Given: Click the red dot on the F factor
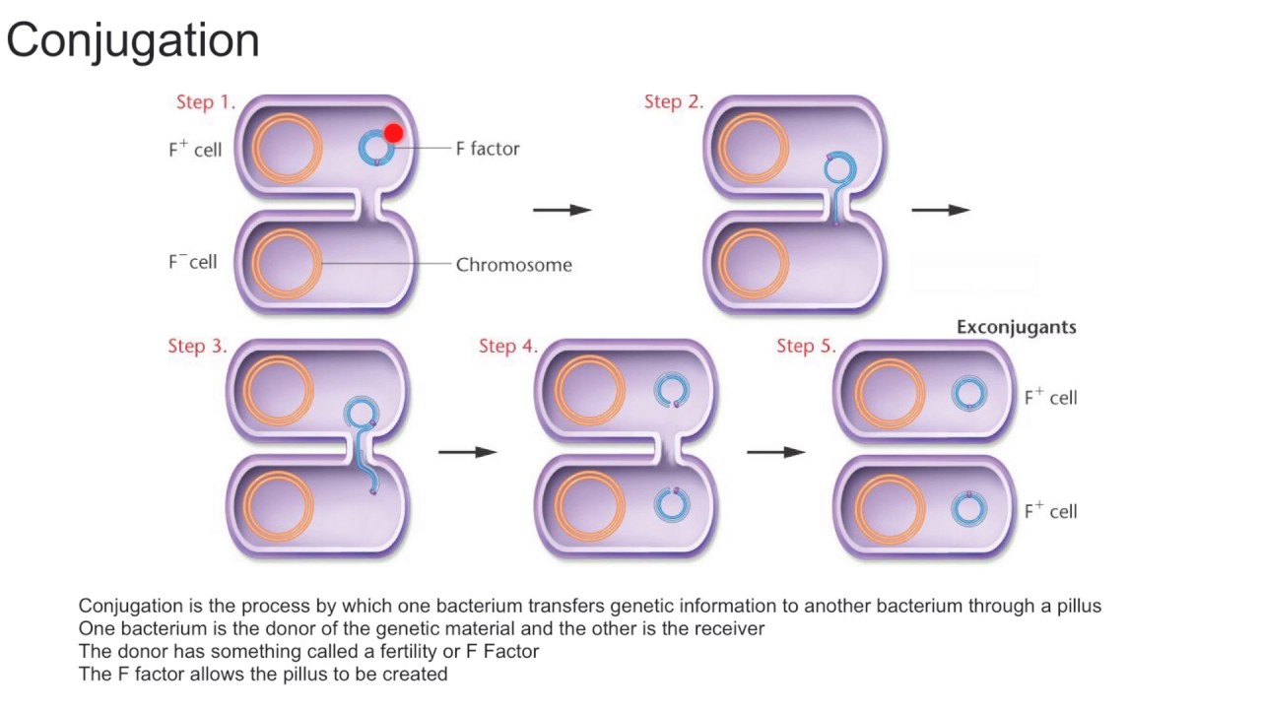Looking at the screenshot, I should tap(393, 133).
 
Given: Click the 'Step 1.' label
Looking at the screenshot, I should tap(205, 102).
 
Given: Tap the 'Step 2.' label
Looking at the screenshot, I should tap(673, 102).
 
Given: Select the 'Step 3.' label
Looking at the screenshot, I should tap(197, 347).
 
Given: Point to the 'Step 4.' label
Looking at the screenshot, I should tap(508, 347).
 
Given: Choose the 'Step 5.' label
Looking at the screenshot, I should tap(806, 347).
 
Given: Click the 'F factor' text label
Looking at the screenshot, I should tap(487, 149).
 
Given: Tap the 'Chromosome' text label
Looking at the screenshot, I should tap(513, 265).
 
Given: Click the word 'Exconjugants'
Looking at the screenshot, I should tap(1016, 327).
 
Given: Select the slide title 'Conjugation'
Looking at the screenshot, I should tap(133, 41).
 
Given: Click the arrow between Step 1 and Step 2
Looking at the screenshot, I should tap(562, 210).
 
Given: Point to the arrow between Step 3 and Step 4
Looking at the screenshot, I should tap(467, 452).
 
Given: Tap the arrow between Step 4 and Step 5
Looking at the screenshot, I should tap(776, 452).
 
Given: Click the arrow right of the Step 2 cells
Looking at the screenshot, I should tap(941, 210).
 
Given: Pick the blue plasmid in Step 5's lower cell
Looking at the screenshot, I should tap(968, 509).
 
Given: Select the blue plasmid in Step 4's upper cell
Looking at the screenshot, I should tap(672, 390).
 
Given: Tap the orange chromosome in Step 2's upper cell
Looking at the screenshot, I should tap(754, 149).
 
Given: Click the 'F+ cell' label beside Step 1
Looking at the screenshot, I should tap(195, 150).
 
